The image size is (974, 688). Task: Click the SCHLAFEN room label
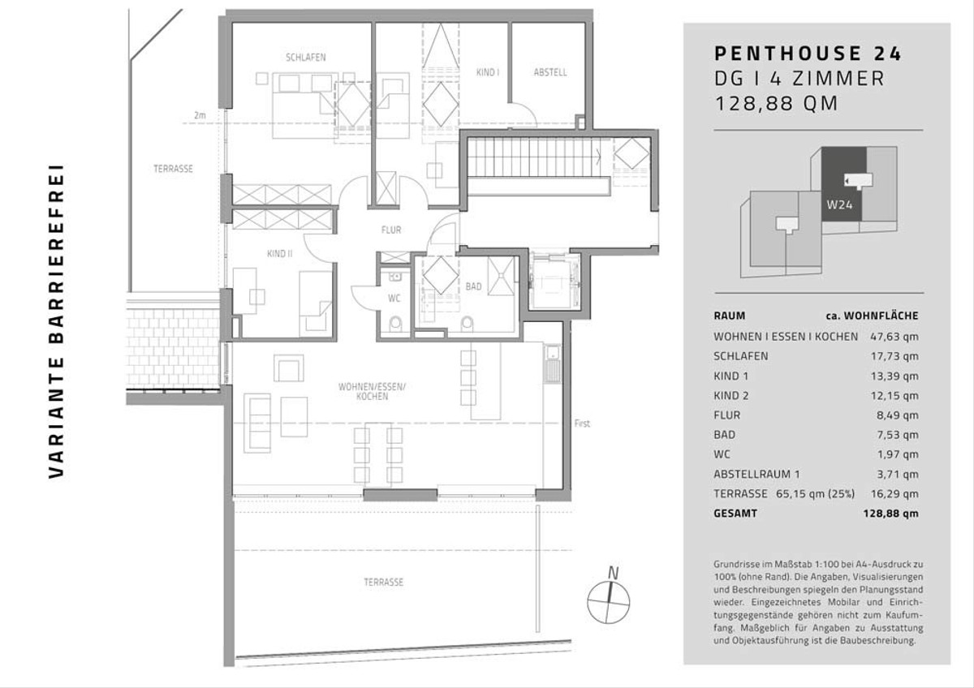[306, 58]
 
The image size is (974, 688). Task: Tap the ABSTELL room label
[550, 72]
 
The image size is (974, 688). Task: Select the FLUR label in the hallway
[391, 230]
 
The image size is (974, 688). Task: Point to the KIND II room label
[279, 253]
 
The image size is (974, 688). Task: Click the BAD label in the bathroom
[473, 286]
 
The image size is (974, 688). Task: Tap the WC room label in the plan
[394, 298]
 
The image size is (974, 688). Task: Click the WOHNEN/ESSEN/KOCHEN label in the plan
[372, 391]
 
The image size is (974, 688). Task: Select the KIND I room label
[488, 72]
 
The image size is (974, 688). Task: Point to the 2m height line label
[200, 115]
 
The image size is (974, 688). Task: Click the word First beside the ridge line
[582, 424]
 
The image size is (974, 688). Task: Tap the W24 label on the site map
[839, 204]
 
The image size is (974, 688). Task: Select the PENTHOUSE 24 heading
[808, 54]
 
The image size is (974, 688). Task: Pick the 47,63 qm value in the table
[894, 337]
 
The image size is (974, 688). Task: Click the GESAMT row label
[735, 514]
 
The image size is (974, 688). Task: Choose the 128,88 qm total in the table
[891, 514]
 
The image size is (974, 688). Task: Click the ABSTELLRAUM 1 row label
[756, 474]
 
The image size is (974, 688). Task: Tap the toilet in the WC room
[395, 324]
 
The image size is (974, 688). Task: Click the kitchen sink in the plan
[552, 353]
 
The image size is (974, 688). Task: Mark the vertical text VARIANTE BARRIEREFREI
[56, 321]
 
